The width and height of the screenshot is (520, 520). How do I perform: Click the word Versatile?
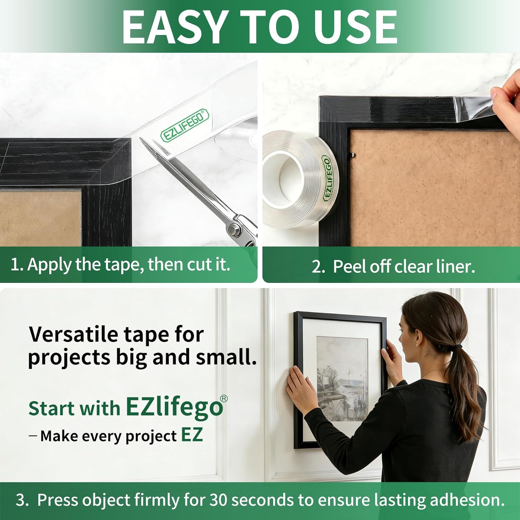(x=73, y=335)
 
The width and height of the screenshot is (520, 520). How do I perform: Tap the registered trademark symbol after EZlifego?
(x=224, y=399)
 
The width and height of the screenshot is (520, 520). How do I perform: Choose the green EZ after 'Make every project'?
(x=192, y=435)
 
